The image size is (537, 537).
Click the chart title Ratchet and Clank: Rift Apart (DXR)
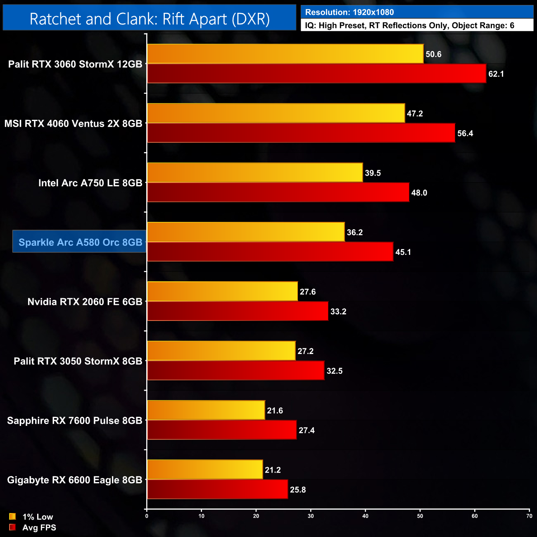[x=150, y=19]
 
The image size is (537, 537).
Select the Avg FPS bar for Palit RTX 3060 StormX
[x=316, y=74]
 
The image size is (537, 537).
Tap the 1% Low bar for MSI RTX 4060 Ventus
[x=276, y=113]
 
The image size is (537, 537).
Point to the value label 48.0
[x=419, y=193]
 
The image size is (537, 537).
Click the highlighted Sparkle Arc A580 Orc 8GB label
[x=80, y=242]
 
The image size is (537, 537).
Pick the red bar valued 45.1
[x=270, y=252]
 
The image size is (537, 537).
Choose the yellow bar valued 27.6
[x=222, y=292]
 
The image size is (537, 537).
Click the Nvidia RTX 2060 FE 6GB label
[x=85, y=302]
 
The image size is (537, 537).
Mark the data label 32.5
[x=335, y=371]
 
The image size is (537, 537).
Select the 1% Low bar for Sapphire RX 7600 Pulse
[x=206, y=410]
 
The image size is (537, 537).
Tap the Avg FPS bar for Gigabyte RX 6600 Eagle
[x=217, y=489]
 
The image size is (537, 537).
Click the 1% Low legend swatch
[x=12, y=516]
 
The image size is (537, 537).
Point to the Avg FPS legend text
[x=39, y=527]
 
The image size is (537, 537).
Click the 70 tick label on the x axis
[x=529, y=516]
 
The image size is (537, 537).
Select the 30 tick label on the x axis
[x=311, y=516]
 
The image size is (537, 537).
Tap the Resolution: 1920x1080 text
[x=349, y=12]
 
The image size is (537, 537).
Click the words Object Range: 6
[x=483, y=26]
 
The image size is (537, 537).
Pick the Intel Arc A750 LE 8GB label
[x=90, y=183]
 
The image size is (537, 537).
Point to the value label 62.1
[x=496, y=74]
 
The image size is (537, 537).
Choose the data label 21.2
[x=273, y=470]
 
